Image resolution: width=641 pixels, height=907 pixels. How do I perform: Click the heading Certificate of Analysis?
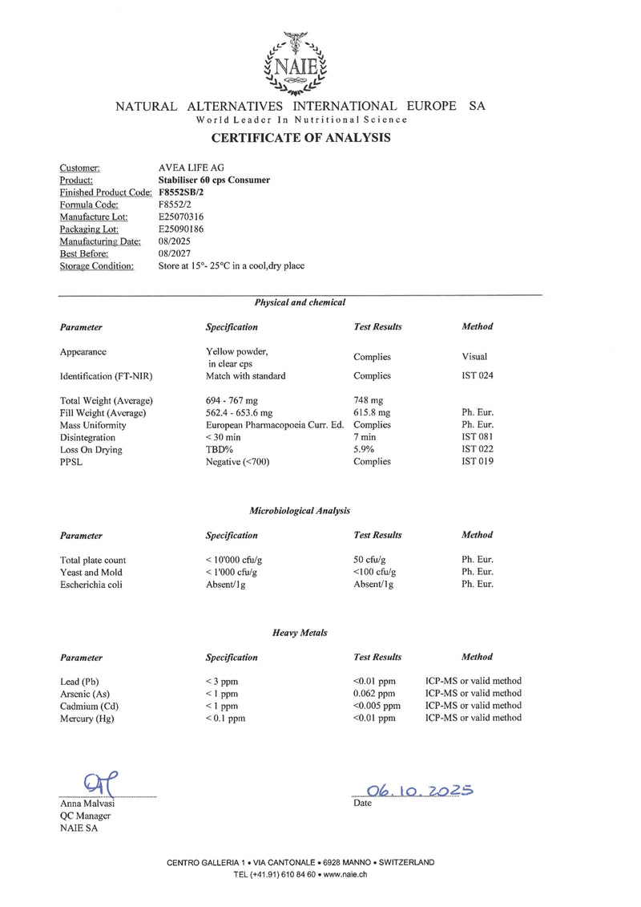coord(300,138)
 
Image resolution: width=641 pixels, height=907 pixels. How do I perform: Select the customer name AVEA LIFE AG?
coord(191,168)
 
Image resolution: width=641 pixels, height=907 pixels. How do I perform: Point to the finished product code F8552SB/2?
coord(182,192)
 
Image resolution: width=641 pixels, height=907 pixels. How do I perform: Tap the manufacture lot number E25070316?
coord(182,217)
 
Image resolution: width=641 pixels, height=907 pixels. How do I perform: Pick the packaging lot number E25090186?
coord(182,229)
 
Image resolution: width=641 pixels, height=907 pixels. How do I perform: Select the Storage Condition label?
coord(96,265)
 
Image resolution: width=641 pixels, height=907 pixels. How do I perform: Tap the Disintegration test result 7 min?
coord(365,437)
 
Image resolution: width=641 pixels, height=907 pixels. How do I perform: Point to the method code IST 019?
coord(477,461)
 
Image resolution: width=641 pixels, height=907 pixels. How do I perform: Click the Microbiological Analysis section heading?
coord(300,510)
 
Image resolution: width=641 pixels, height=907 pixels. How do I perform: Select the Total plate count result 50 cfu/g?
coord(370,560)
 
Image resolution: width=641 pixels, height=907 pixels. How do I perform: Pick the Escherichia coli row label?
coord(91,585)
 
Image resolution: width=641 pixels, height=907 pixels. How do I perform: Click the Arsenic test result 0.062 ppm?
coord(374,693)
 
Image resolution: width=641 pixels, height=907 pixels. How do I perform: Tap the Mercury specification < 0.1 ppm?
coord(225,719)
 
